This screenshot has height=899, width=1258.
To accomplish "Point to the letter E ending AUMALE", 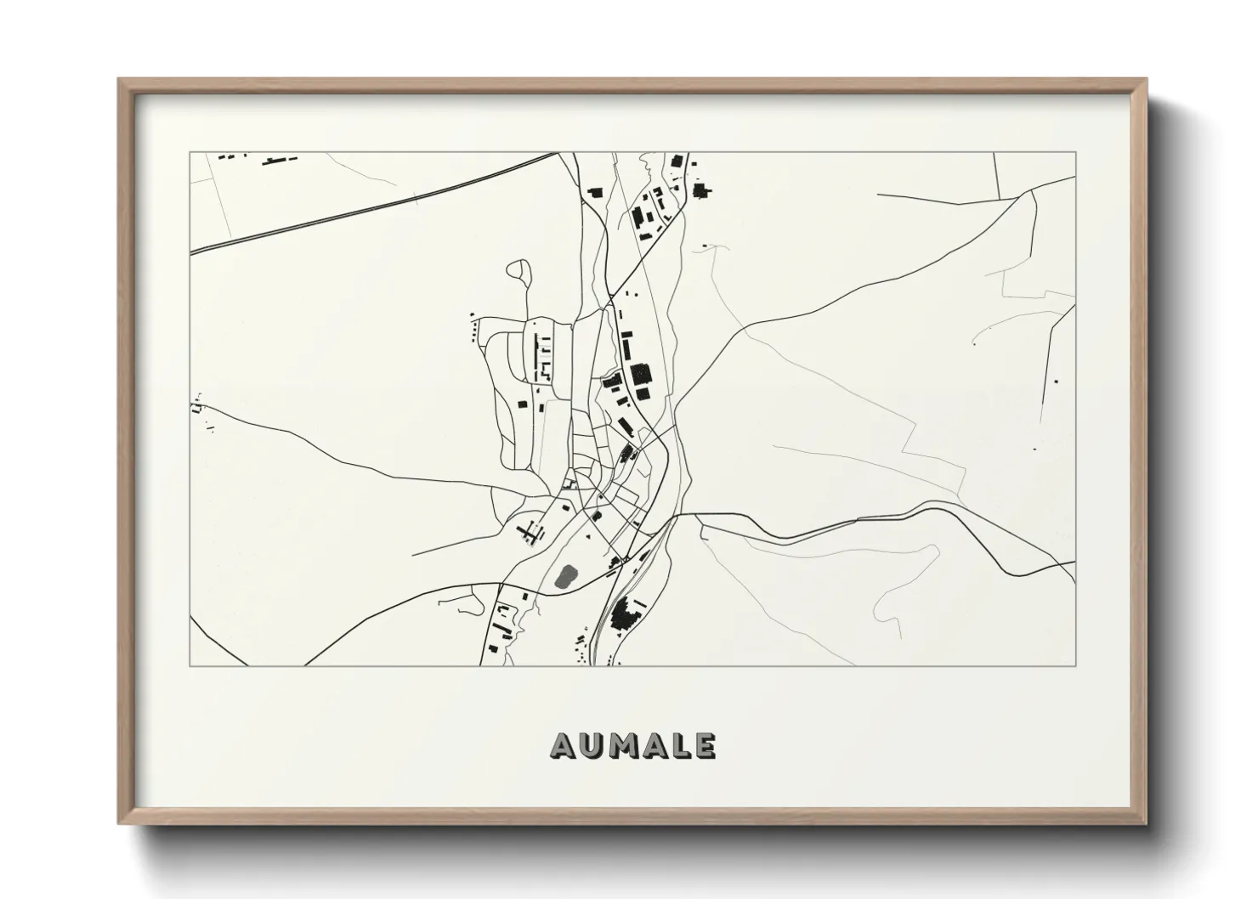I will [705, 745].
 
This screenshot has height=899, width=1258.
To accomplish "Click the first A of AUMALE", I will [564, 745].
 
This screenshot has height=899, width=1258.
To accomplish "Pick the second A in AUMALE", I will [654, 745].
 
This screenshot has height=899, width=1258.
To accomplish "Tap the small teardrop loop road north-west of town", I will [518, 270].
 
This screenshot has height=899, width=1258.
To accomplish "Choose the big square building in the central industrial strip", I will [639, 374].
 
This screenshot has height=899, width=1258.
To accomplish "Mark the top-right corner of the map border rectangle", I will [1075, 153].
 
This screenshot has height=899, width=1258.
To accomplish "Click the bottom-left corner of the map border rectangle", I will [190, 665].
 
